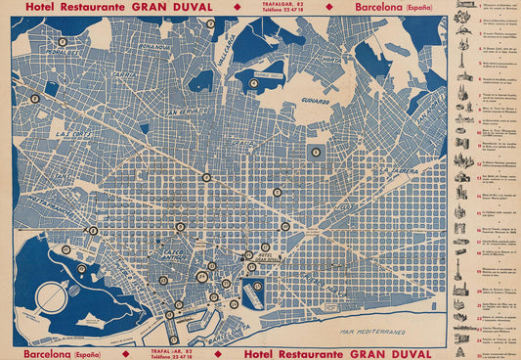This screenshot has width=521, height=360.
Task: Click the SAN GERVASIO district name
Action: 186,113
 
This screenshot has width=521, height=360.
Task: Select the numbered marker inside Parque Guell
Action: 253,83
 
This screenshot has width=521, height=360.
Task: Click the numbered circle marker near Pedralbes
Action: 63,43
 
